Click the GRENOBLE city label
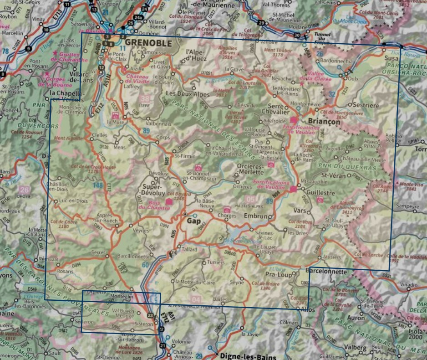click(x=148, y=43)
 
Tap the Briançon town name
click(x=324, y=122)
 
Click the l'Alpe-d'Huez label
click(x=196, y=55)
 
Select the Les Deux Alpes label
click(x=183, y=94)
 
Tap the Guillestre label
click(x=321, y=193)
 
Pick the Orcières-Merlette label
click(x=250, y=170)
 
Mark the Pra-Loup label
click(x=278, y=275)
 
